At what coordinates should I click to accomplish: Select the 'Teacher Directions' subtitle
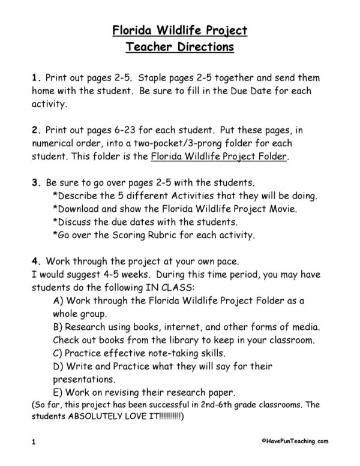179,46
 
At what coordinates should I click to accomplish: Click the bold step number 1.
34,78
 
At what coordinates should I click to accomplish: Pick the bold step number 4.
34,261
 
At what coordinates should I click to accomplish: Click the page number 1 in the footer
34,442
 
